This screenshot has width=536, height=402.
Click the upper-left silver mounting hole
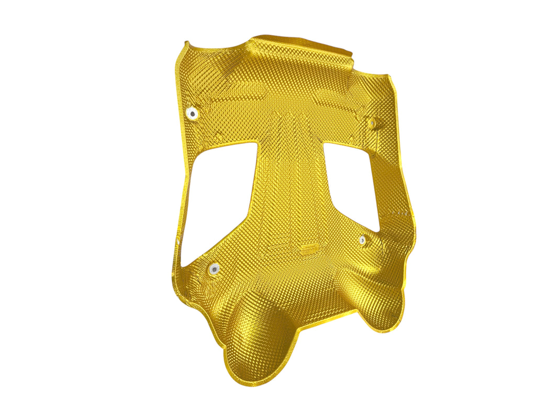click(193, 113)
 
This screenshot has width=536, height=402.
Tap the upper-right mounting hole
click(373, 124)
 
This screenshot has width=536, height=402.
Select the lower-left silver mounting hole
click(214, 269)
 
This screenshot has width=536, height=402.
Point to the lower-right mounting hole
click(363, 240)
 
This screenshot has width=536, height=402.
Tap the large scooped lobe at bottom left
click(262, 340)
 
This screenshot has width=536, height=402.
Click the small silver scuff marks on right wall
click(400, 214)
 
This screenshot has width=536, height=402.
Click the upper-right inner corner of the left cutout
click(256, 143)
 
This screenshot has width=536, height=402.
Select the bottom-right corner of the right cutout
click(378, 230)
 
